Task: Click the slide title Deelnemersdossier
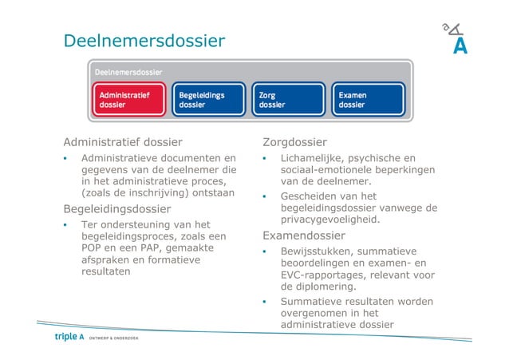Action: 144,40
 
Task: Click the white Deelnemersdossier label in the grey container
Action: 128,72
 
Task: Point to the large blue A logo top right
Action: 460,46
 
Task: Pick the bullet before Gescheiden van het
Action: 264,196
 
